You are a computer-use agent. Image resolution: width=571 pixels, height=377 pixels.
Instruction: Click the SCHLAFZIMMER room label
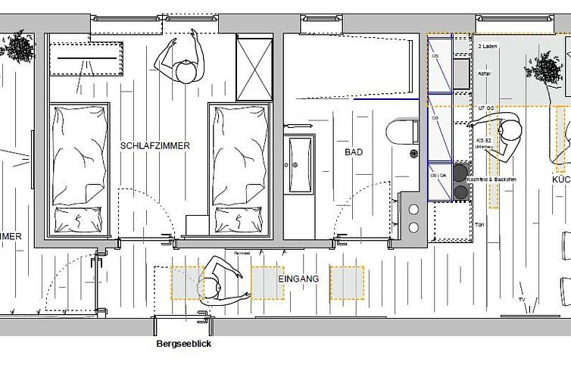click(x=154, y=145)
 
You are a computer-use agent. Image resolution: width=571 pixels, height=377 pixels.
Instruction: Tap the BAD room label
click(x=354, y=152)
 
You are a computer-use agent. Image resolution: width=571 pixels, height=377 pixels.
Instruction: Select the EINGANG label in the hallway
click(x=298, y=279)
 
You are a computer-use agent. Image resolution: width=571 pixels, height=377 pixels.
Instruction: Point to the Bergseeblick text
click(x=183, y=344)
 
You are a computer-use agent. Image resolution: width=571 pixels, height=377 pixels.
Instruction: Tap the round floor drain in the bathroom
click(x=414, y=154)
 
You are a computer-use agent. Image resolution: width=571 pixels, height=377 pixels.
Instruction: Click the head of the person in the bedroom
click(x=184, y=73)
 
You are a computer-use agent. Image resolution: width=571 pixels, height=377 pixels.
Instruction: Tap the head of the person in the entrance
click(x=210, y=288)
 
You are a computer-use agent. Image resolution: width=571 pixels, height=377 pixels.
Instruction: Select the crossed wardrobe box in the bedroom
click(x=254, y=67)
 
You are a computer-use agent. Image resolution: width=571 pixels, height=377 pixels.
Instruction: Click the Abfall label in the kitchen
click(x=485, y=73)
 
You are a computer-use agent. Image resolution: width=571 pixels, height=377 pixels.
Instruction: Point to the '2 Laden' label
click(x=487, y=46)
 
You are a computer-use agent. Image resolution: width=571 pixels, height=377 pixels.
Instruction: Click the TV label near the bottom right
click(x=521, y=300)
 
